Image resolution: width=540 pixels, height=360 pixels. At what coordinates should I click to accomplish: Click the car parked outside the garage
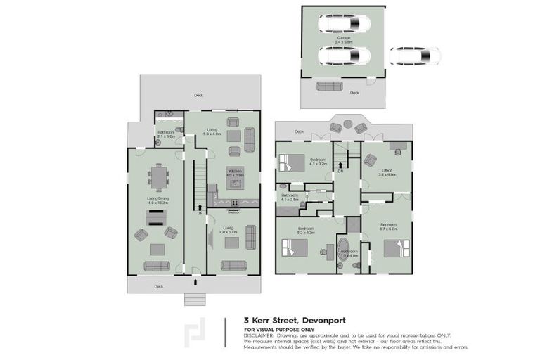(414, 56)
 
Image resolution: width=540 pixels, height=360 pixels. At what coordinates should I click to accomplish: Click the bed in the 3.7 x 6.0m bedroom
(397, 248)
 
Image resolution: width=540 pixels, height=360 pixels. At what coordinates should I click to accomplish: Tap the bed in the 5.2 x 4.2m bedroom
(296, 250)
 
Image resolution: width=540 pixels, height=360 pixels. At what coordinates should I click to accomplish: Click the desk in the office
(398, 148)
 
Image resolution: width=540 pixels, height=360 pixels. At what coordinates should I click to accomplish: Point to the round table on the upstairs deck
(348, 125)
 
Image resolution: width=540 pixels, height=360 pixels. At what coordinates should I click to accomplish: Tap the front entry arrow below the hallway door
(194, 283)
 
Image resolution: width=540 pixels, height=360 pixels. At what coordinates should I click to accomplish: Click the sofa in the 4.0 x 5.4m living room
(233, 265)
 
